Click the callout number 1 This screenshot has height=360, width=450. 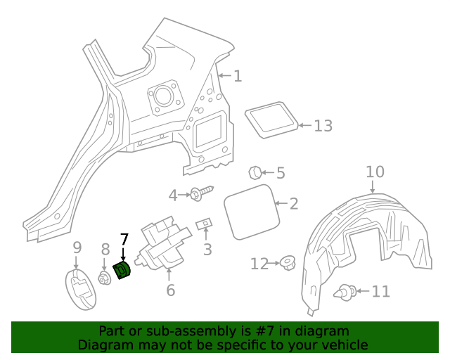click(x=238, y=76)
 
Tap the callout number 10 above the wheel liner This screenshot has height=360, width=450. click(x=375, y=172)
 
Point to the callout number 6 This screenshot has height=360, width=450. click(x=170, y=290)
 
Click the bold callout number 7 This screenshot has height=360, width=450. click(x=124, y=240)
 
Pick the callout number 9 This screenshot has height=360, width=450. click(x=77, y=247)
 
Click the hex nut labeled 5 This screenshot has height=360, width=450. click(x=256, y=172)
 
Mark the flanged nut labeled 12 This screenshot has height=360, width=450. click(x=287, y=264)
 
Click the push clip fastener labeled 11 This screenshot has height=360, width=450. click(x=345, y=290)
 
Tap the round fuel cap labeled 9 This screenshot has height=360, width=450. click(x=81, y=288)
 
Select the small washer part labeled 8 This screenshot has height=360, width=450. click(x=105, y=278)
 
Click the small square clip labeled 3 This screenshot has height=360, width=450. click(x=205, y=224)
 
